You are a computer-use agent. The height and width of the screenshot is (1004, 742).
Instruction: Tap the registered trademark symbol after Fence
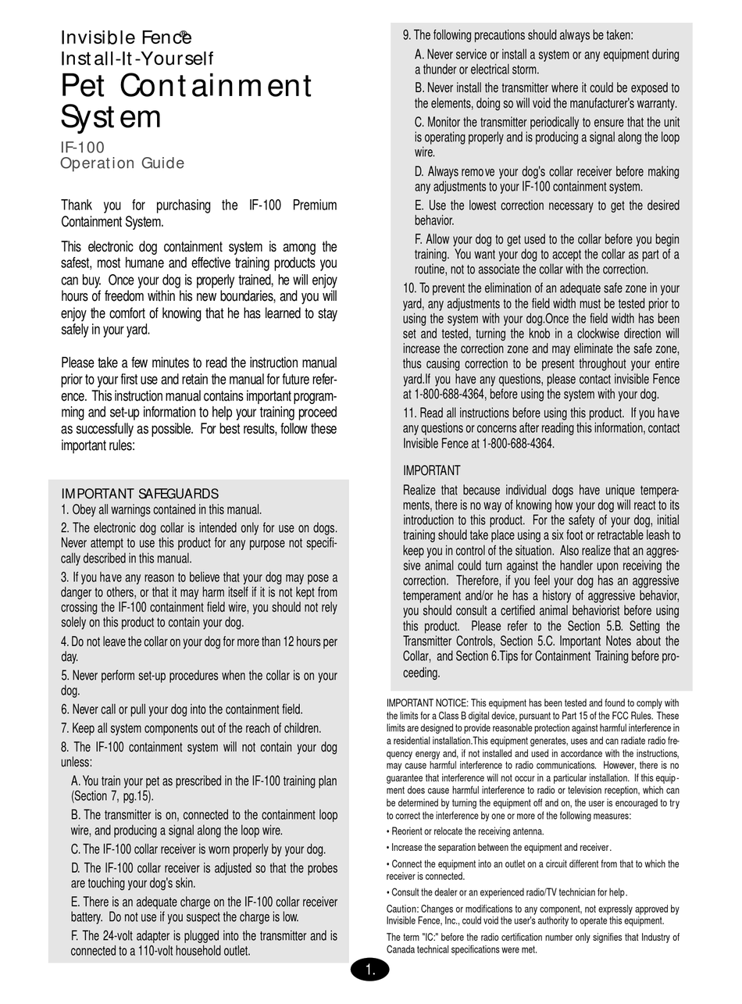point(184,34)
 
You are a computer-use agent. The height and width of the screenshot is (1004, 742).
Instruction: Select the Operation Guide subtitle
point(123,163)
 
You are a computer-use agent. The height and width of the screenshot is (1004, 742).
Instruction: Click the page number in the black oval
point(369,970)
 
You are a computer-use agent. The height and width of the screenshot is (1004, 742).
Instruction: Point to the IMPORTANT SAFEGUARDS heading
point(140,494)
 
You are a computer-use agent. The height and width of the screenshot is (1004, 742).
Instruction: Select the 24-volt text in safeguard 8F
point(122,935)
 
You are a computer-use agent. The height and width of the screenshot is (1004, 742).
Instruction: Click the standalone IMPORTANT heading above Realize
point(431,470)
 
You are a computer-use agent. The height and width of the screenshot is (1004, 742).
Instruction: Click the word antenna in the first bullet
point(526,831)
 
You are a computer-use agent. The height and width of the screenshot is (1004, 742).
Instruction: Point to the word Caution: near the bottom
point(403,909)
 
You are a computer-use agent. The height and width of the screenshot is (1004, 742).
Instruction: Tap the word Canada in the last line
point(403,949)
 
